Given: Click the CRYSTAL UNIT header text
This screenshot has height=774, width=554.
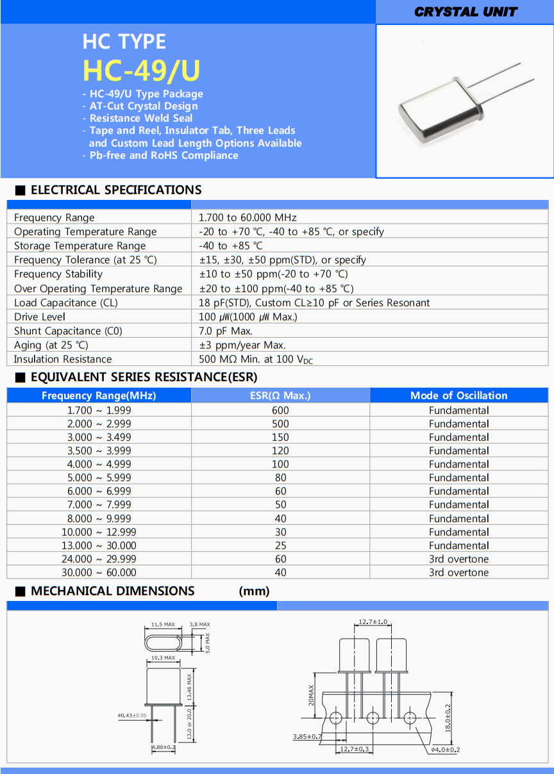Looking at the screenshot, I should pyautogui.click(x=466, y=12).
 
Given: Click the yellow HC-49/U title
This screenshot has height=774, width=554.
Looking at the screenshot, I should pyautogui.click(x=142, y=70).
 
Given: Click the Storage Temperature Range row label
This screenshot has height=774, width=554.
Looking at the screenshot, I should pyautogui.click(x=80, y=245).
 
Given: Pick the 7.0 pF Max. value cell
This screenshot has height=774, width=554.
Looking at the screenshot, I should pyautogui.click(x=226, y=331).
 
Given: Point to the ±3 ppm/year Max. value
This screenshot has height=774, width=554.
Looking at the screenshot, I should pyautogui.click(x=242, y=345).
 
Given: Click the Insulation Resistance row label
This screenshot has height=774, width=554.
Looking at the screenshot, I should pyautogui.click(x=63, y=359).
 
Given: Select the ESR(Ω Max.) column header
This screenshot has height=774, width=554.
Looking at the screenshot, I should pyautogui.click(x=280, y=395).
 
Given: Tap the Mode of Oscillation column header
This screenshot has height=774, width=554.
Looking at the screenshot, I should pyautogui.click(x=458, y=395).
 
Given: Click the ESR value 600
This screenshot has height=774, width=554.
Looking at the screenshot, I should pyautogui.click(x=280, y=410).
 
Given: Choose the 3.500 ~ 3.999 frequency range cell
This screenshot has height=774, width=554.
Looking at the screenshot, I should pyautogui.click(x=99, y=450).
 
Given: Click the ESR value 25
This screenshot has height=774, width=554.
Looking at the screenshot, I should pyautogui.click(x=280, y=545).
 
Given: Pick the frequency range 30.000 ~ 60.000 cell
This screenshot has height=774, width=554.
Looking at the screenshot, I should pyautogui.click(x=99, y=572).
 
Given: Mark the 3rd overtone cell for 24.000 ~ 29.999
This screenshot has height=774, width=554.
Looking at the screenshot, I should pyautogui.click(x=458, y=559).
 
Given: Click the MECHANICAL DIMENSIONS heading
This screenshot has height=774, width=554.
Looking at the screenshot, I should pyautogui.click(x=112, y=591).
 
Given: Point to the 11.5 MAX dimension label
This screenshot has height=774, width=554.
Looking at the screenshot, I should pyautogui.click(x=163, y=624).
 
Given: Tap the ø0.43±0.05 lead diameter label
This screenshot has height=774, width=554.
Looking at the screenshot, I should pyautogui.click(x=132, y=715).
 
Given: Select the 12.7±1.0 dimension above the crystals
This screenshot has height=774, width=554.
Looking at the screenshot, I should pyautogui.click(x=373, y=622).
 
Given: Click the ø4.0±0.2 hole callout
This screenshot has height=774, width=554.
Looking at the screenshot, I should pyautogui.click(x=446, y=749).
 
